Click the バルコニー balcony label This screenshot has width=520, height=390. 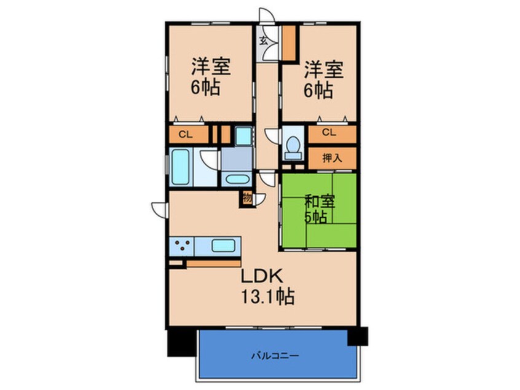pyautogui.click(x=275, y=356)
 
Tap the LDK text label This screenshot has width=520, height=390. pyautogui.click(x=262, y=276)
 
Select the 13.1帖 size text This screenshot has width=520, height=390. pyautogui.click(x=267, y=296)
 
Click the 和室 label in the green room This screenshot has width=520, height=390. pyautogui.click(x=320, y=202)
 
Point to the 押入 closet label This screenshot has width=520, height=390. pyautogui.click(x=332, y=159)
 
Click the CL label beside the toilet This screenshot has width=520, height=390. pyautogui.click(x=329, y=132)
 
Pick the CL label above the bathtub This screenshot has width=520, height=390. pyautogui.click(x=186, y=135)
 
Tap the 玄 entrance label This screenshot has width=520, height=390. pyautogui.click(x=263, y=41)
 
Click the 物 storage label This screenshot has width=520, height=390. pyautogui.click(x=247, y=198)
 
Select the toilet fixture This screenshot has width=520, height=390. pyautogui.click(x=293, y=148)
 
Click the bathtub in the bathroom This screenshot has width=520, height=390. pyautogui.click(x=181, y=167)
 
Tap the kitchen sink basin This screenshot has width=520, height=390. pyautogui.click(x=224, y=246)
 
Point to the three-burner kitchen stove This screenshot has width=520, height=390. pyautogui.click(x=182, y=246)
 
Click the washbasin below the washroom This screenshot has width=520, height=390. pyautogui.click(x=237, y=179)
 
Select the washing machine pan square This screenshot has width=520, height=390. pyautogui.click(x=243, y=136)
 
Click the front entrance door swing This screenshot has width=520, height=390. pyautogui.click(x=267, y=16)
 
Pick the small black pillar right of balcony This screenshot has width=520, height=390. pyautogui.click(x=358, y=336)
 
